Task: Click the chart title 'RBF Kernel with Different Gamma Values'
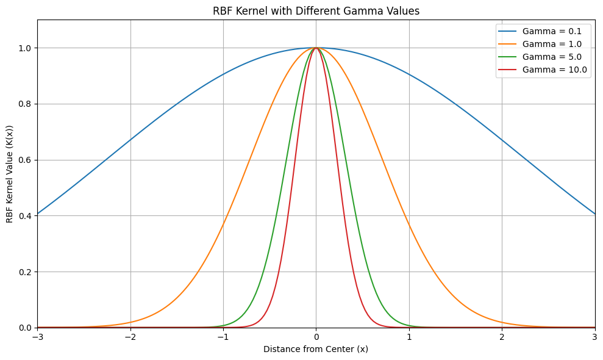tap(316, 11)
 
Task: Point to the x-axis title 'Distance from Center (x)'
tap(316, 350)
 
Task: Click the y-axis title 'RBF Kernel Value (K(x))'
tap(10, 174)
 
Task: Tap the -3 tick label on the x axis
tap(37, 337)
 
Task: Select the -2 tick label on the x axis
tap(130, 337)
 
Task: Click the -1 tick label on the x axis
tap(223, 337)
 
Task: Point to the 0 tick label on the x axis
tap(316, 337)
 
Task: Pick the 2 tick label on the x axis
tap(502, 337)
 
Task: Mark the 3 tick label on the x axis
tap(594, 337)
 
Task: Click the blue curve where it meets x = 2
tap(502, 140)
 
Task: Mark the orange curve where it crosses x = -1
tap(223, 225)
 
